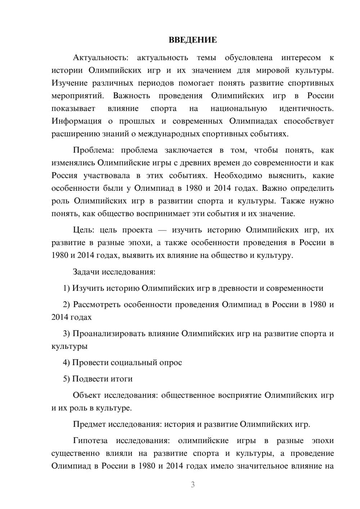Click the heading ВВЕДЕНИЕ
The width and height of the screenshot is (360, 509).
(193, 40)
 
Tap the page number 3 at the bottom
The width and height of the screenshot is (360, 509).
(193, 485)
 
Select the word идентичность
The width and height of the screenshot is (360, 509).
(306, 108)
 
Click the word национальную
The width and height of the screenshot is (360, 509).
(239, 108)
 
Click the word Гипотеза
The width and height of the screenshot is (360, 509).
(90, 441)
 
